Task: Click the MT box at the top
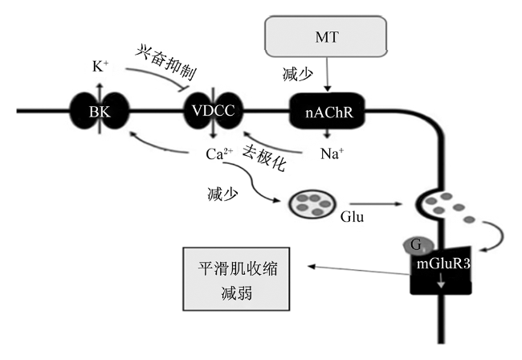coord(326,36)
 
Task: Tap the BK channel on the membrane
coord(100,111)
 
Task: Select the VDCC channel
coord(214,110)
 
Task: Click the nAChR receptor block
coord(327,111)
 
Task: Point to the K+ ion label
coord(100,67)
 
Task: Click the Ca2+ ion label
coord(219,153)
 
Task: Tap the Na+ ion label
coord(332,153)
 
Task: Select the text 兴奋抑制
coord(166,63)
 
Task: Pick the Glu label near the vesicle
coord(352,217)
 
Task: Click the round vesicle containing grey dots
coord(312,204)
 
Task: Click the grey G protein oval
coord(418,246)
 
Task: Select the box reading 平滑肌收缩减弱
coord(236,279)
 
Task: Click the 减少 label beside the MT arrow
coord(298,74)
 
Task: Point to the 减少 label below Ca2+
coord(222,194)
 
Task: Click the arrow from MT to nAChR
coord(327,74)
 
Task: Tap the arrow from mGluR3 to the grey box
coord(358,270)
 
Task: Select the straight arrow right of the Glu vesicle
coord(376,203)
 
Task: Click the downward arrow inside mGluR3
coord(441,280)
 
